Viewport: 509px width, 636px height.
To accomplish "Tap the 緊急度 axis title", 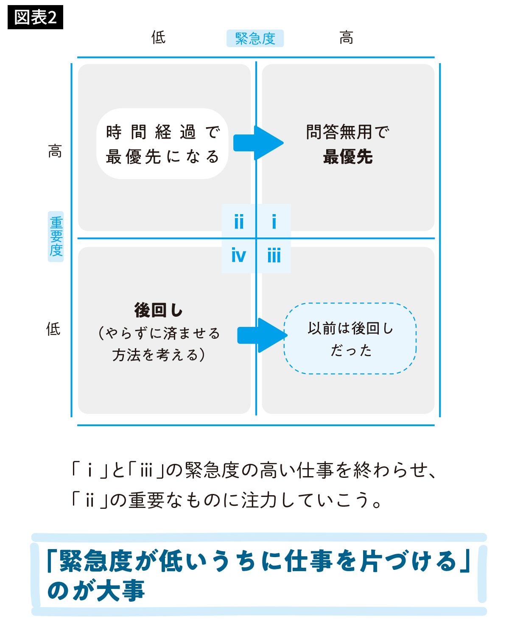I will pos(255,39).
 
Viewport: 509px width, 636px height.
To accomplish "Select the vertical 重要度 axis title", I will pos(56,237).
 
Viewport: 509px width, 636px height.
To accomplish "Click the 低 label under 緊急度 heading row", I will pos(158,37).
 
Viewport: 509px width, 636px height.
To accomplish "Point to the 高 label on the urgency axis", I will pos(346,38).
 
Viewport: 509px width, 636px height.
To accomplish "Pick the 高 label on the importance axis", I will pos(55,151).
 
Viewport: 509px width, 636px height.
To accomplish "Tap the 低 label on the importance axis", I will pos(53,329).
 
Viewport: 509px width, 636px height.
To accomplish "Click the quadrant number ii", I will pos(239,221).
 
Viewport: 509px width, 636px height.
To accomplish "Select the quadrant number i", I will pos(274,221).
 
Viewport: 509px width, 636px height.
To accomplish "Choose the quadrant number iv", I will pos(238,255).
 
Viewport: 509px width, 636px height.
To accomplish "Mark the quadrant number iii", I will pos(274,255).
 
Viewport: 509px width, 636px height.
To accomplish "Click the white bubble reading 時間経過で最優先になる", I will pos(162,144).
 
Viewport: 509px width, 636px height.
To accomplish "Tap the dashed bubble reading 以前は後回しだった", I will pos(350,338).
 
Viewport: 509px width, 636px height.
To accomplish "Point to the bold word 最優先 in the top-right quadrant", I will pos(348,157).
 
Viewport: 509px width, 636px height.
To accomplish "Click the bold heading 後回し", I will pos(158,310).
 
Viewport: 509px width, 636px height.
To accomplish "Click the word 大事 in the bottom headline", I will pos(120,590).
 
